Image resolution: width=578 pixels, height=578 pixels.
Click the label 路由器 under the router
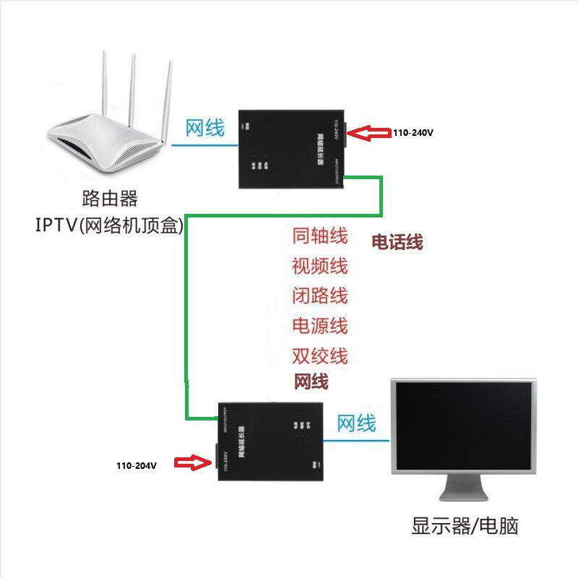pyautogui.click(x=111, y=198)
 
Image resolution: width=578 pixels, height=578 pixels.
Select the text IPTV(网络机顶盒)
pyautogui.click(x=109, y=225)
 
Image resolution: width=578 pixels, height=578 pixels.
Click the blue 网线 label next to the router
pyautogui.click(x=205, y=129)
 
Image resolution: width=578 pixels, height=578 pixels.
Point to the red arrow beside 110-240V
pyautogui.click(x=373, y=132)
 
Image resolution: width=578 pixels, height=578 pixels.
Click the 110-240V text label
pyautogui.click(x=413, y=133)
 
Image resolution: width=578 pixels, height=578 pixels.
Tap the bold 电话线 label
pyautogui.click(x=397, y=242)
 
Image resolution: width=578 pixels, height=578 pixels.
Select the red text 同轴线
pyautogui.click(x=320, y=236)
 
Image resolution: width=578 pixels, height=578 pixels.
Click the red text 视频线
pyautogui.click(x=320, y=266)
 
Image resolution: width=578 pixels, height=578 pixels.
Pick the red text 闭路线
pyautogui.click(x=320, y=296)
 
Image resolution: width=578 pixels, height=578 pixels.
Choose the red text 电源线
pyautogui.click(x=320, y=326)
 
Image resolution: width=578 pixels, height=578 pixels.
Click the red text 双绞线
pyautogui.click(x=320, y=355)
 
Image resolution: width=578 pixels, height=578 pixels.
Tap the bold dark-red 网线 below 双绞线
pyautogui.click(x=311, y=381)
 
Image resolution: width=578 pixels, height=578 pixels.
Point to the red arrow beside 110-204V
pyautogui.click(x=192, y=462)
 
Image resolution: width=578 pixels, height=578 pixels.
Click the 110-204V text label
pyautogui.click(x=137, y=465)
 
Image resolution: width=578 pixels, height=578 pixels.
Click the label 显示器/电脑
pyautogui.click(x=465, y=525)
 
